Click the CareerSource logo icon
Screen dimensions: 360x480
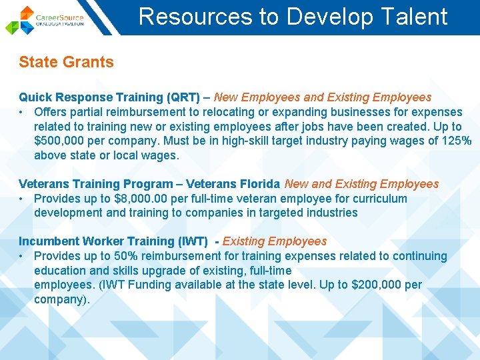[21, 19]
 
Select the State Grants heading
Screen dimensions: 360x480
[66, 63]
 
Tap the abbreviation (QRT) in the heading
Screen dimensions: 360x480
[183, 97]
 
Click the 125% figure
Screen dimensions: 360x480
[457, 141]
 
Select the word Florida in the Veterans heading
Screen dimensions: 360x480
[260, 184]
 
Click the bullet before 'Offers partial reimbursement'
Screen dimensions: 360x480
[22, 112]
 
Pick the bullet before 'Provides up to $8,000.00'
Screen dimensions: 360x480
[22, 199]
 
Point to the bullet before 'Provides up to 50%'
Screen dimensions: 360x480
[22, 256]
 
